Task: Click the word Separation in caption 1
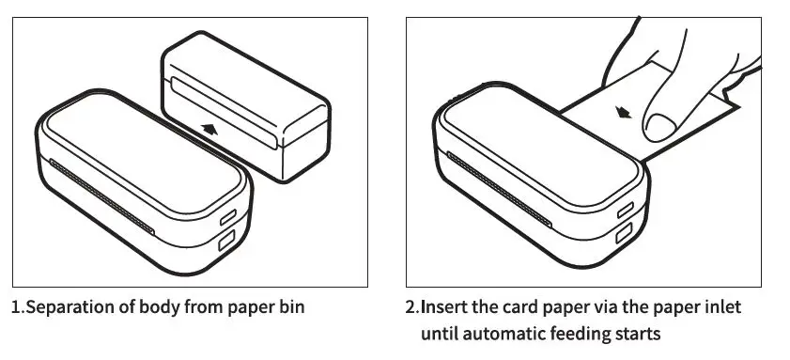pyautogui.click(x=67, y=306)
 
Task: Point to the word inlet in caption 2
pyautogui.click(x=722, y=306)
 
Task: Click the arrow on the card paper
pyautogui.click(x=622, y=114)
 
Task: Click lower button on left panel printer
pyautogui.click(x=226, y=243)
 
